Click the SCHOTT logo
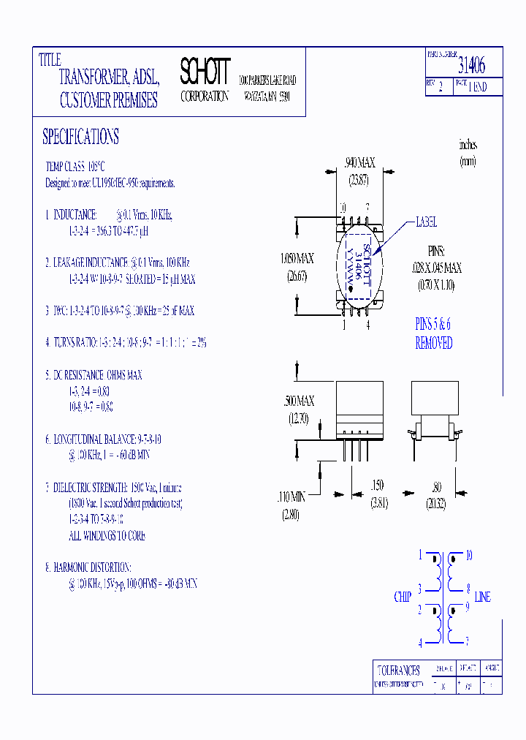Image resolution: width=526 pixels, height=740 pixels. click(x=205, y=72)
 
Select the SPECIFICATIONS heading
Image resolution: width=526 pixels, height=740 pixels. click(x=80, y=137)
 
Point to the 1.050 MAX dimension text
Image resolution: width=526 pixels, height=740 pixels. click(x=297, y=259)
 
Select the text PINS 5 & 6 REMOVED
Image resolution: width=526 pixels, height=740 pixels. click(x=433, y=335)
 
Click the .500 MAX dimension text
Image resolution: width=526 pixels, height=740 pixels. click(x=298, y=401)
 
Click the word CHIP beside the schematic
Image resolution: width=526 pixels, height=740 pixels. click(x=403, y=597)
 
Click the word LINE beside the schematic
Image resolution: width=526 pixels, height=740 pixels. click(x=482, y=597)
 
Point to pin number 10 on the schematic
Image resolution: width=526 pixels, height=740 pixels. click(x=468, y=556)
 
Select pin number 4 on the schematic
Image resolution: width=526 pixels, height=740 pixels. click(x=420, y=643)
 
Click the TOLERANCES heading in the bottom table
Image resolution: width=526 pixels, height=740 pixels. click(x=398, y=670)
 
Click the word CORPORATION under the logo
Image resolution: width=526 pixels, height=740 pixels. click(x=205, y=97)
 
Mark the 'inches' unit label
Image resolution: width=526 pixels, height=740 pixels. click(x=468, y=144)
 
